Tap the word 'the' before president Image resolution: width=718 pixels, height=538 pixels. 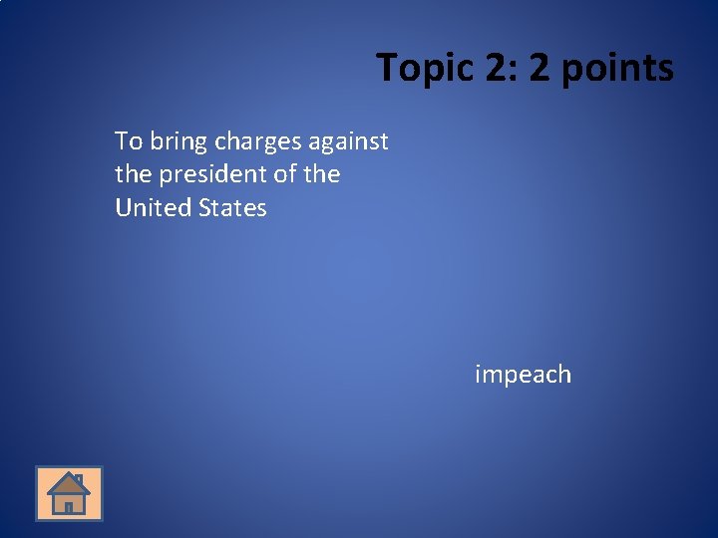point(133,174)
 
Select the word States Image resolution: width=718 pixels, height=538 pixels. point(232,208)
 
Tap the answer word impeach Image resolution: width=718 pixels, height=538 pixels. point(523,375)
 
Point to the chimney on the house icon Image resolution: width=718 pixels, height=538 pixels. point(79,480)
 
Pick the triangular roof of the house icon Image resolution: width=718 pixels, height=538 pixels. point(68,485)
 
